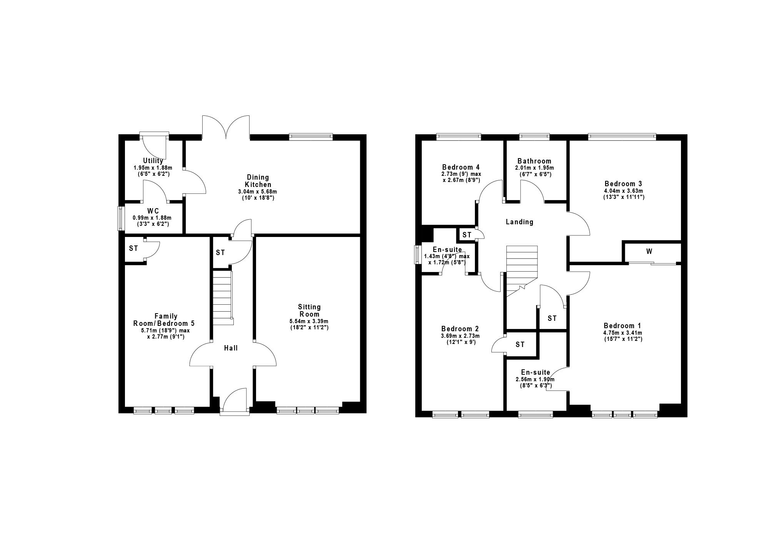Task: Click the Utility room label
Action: tap(153, 161)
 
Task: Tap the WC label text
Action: tap(153, 211)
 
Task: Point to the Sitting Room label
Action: tap(310, 310)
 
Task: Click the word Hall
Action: tap(231, 348)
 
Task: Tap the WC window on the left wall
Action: tap(121, 219)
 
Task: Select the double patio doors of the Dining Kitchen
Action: tap(226, 127)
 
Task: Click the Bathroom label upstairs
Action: tap(534, 161)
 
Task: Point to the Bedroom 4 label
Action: tap(461, 167)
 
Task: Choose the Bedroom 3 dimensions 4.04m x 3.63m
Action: tap(624, 191)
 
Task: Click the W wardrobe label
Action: tap(649, 252)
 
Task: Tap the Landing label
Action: tap(519, 222)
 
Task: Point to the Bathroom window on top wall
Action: tap(534, 136)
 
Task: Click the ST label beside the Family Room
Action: tap(133, 249)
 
